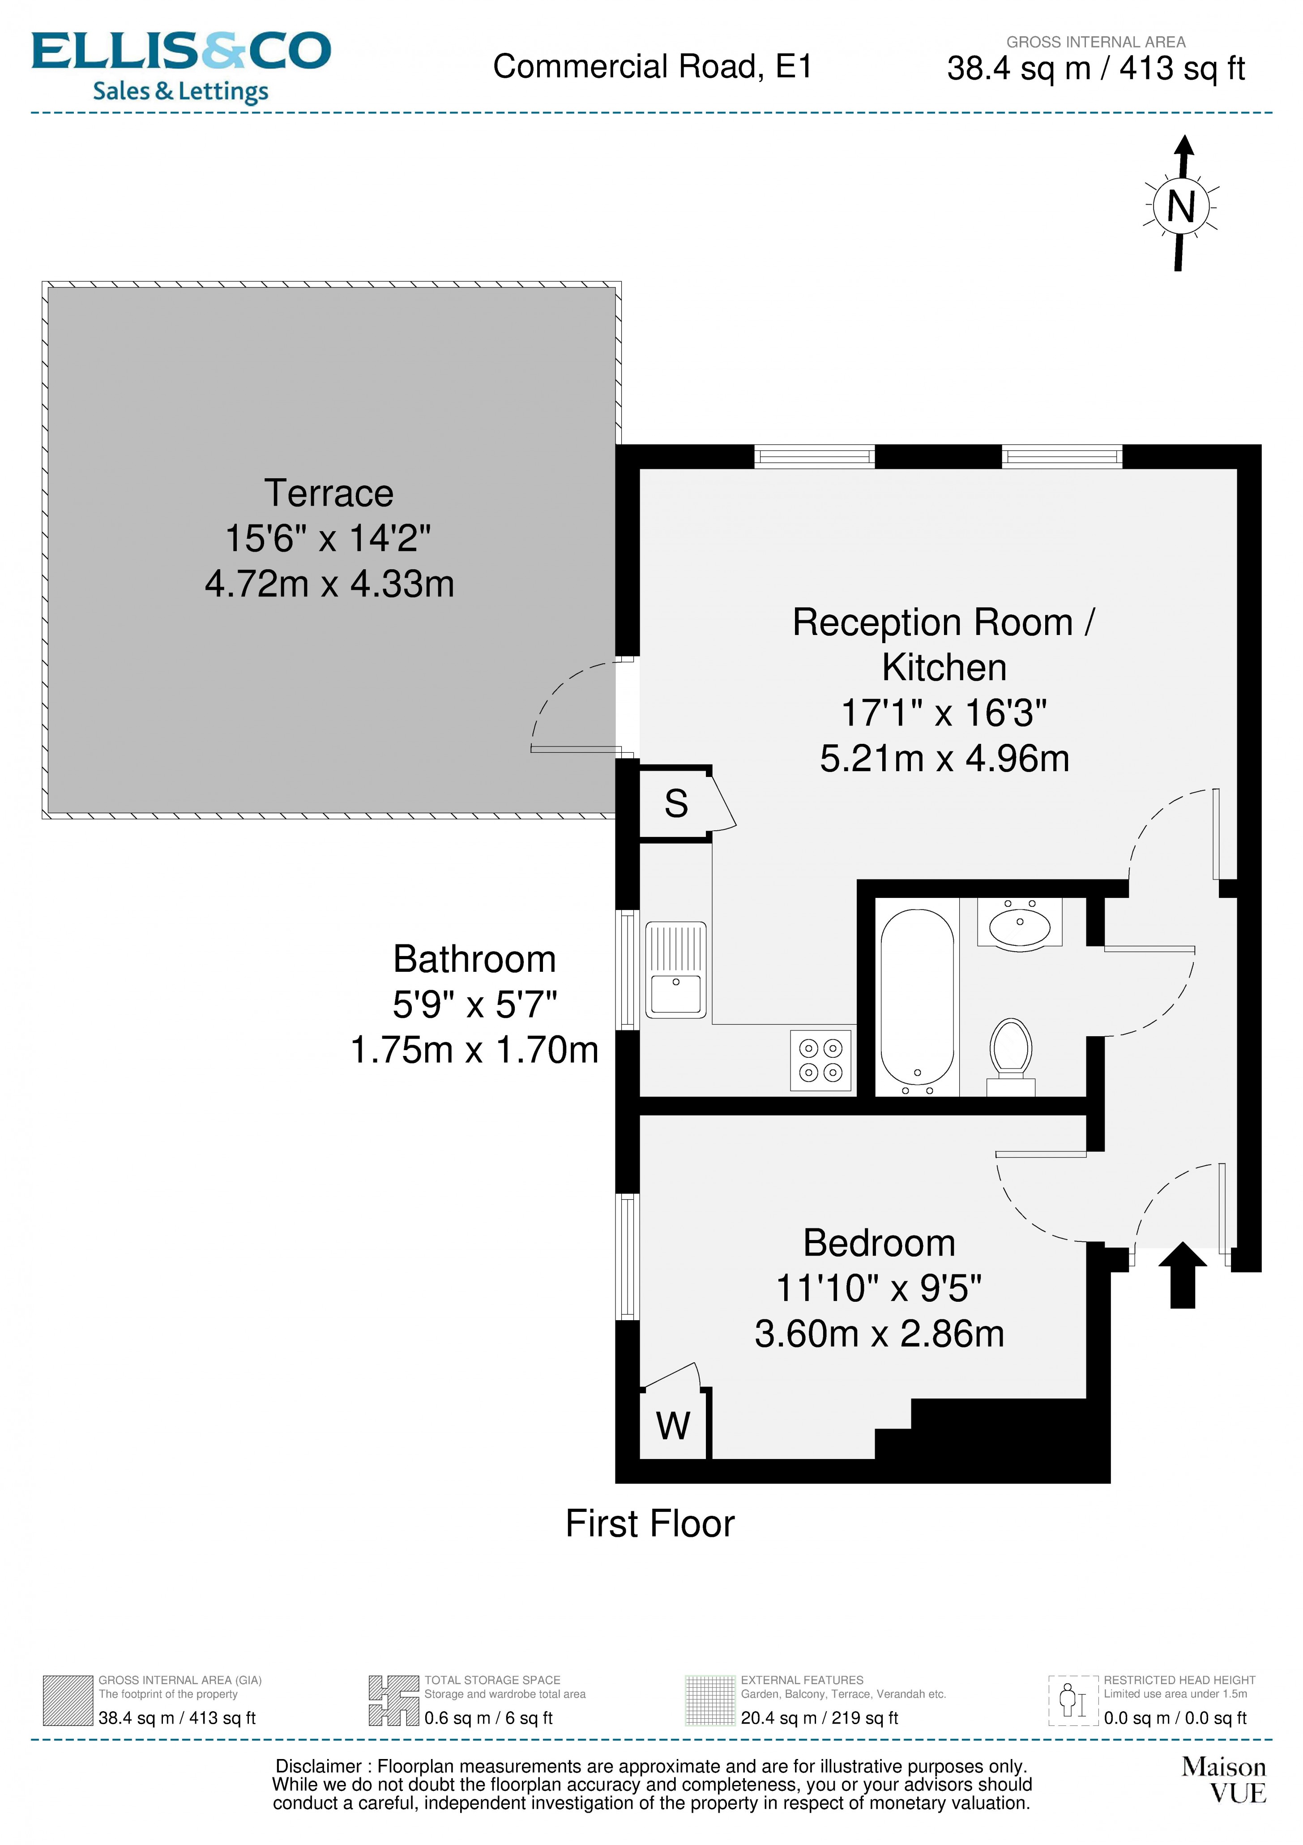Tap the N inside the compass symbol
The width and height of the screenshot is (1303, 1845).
1180,207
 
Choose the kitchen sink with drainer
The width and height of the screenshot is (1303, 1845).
675,970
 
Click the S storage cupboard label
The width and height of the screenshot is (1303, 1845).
675,803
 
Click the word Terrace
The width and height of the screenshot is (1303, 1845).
329,493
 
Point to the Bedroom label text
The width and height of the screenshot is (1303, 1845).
879,1243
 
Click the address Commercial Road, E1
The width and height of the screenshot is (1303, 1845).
652,67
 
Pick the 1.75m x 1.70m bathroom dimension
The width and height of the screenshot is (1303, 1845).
474,1050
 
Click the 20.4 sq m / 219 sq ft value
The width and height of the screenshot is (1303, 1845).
819,1718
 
